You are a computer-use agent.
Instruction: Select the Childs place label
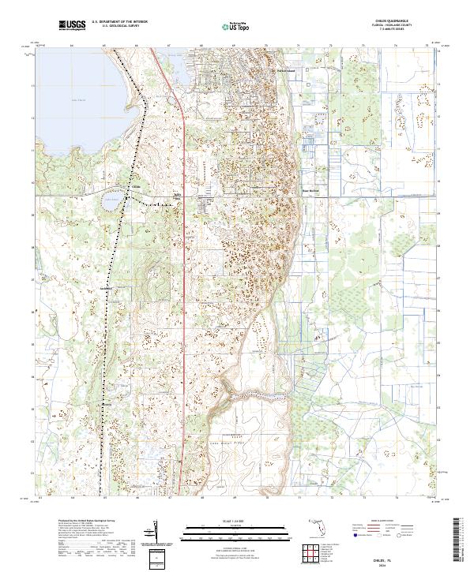pos(136,187)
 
